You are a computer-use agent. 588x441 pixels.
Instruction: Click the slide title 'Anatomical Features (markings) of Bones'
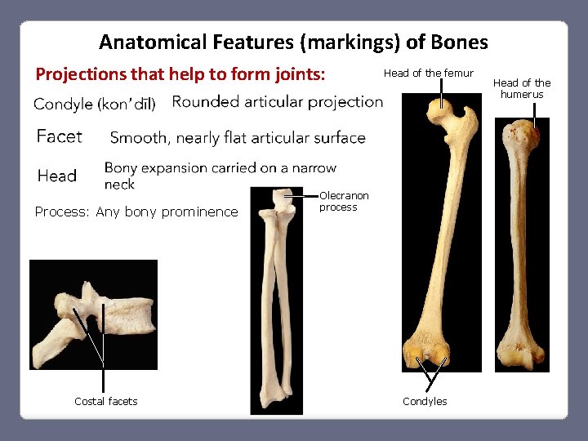[x=293, y=42]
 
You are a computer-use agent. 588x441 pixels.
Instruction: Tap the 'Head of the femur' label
[x=428, y=73]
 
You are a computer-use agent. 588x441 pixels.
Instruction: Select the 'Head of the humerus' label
[x=522, y=88]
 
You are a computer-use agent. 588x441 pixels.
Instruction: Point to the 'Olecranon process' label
[x=344, y=202]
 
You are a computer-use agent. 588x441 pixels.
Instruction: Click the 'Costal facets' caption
[x=105, y=401]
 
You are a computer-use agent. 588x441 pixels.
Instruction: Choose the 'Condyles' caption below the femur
[x=425, y=401]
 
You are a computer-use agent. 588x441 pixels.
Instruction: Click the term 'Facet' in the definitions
[x=60, y=136]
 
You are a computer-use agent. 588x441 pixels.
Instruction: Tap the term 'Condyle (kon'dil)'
[x=95, y=105]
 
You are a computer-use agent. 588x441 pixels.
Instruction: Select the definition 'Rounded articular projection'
[x=278, y=102]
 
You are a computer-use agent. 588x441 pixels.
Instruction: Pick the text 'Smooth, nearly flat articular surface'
[x=238, y=138]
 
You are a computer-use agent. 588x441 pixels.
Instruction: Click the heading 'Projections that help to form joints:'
[x=180, y=74]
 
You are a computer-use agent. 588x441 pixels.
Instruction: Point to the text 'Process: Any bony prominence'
[x=136, y=212]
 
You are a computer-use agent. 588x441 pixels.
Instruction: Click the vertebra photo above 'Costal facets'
[x=93, y=314]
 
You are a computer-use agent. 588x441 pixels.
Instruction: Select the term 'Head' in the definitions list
[x=57, y=176]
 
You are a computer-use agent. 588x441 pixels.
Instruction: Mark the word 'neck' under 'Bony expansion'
[x=120, y=185]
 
